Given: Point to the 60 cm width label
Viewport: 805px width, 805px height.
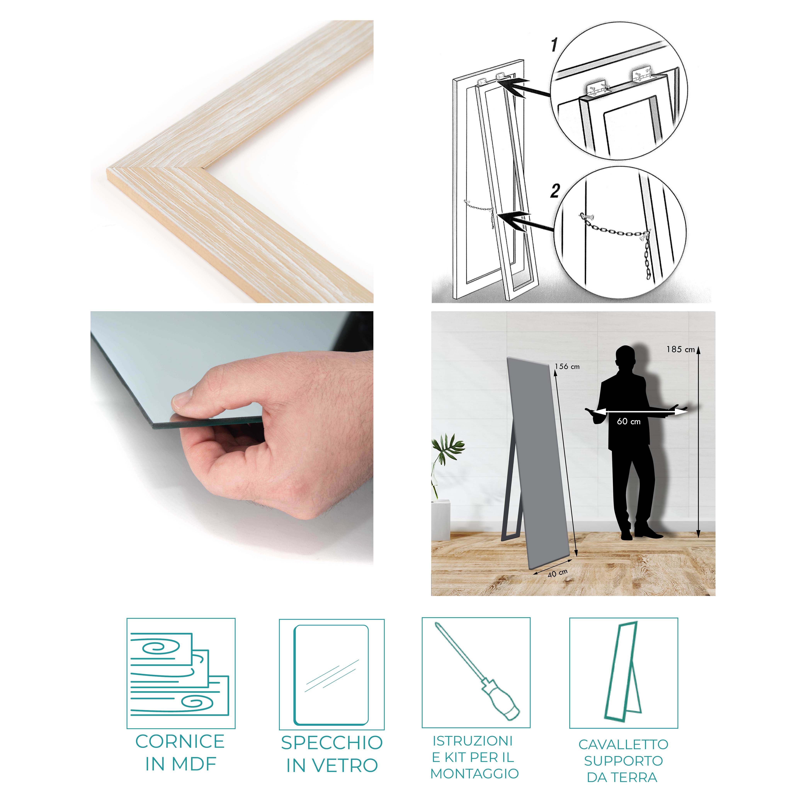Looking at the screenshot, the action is (x=629, y=421).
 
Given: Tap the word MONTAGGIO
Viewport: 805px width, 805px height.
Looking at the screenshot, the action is (x=475, y=773).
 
